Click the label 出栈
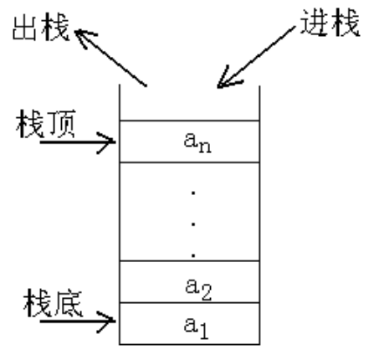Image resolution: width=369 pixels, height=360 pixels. (41, 28)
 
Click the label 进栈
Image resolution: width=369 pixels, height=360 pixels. (330, 23)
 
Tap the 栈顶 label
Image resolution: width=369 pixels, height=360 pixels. (46, 124)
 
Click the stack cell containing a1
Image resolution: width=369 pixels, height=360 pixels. (190, 323)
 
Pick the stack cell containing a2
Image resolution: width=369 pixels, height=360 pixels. (190, 281)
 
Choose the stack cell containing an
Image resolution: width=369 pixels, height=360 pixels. (190, 141)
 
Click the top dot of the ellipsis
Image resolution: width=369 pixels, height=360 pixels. (193, 193)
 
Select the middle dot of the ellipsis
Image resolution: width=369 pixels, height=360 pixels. (193, 224)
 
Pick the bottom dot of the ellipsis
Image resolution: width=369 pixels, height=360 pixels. (193, 255)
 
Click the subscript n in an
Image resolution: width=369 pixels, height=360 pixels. (205, 147)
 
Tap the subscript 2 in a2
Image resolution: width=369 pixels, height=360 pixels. (207, 292)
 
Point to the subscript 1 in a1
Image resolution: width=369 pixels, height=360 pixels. (203, 331)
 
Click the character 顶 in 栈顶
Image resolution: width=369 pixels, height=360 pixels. (62, 124)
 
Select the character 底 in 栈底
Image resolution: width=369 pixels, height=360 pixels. (69, 303)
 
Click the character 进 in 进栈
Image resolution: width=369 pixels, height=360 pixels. (315, 23)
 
